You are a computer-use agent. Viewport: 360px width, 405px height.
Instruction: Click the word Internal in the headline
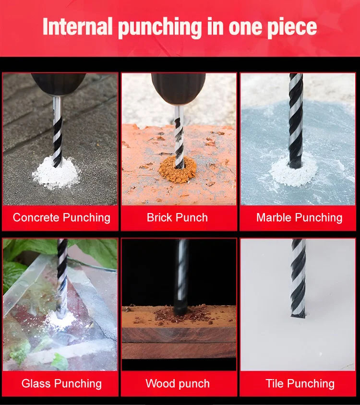(x=78, y=26)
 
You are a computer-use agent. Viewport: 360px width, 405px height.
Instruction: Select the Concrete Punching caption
(x=61, y=218)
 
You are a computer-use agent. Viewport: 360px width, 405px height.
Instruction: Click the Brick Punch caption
(x=177, y=217)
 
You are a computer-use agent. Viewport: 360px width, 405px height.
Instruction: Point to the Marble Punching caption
(x=299, y=218)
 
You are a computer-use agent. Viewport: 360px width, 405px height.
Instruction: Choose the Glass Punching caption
(x=61, y=384)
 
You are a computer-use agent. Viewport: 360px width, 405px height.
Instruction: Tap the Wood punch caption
(x=178, y=384)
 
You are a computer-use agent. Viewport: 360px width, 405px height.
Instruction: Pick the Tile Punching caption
(x=300, y=384)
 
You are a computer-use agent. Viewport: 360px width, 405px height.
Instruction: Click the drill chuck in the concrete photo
(x=59, y=83)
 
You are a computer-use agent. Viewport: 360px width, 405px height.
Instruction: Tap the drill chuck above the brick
(x=179, y=88)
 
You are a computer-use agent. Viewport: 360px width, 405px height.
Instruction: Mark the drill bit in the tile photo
(x=298, y=278)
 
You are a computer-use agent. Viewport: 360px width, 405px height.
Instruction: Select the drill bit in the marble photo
(x=295, y=120)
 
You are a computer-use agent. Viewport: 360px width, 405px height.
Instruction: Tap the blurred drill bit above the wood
(x=181, y=276)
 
